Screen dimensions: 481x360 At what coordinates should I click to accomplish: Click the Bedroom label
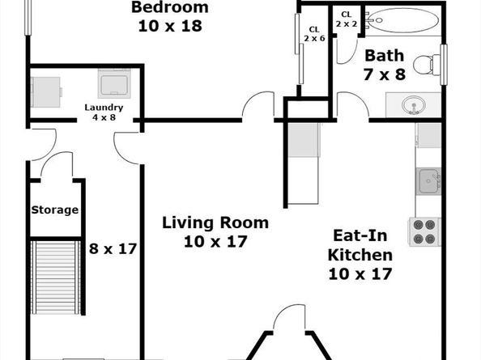click(x=170, y=7)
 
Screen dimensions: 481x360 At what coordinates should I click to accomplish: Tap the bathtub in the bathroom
click(x=402, y=20)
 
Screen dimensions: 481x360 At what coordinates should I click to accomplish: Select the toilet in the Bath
click(x=427, y=65)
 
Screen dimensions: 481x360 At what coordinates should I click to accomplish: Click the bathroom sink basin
click(x=414, y=104)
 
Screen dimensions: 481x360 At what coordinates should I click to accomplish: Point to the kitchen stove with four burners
click(x=424, y=231)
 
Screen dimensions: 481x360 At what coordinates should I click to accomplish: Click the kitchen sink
click(x=428, y=181)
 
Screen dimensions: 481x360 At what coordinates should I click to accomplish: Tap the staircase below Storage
click(x=56, y=277)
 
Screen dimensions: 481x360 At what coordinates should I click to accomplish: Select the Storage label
click(x=55, y=210)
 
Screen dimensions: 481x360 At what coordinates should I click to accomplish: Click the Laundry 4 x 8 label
click(x=104, y=112)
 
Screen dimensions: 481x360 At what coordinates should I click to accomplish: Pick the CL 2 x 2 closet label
click(x=347, y=19)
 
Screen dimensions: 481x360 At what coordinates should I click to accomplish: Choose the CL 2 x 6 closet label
click(x=314, y=34)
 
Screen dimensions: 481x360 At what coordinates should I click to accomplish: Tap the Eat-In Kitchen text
click(x=360, y=245)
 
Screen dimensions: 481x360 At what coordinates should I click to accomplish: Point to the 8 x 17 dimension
click(x=113, y=248)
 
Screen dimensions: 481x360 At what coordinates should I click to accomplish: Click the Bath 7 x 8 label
click(x=385, y=65)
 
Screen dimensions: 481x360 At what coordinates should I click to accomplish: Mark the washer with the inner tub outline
click(x=114, y=83)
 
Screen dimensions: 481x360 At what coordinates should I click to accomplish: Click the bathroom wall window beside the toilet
click(x=444, y=65)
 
